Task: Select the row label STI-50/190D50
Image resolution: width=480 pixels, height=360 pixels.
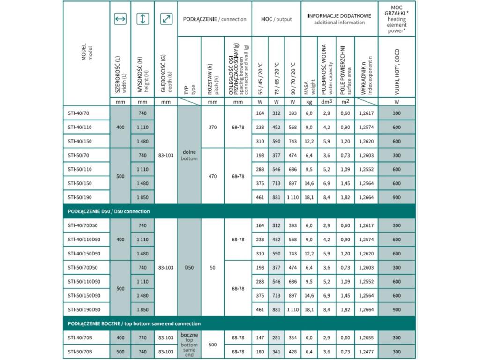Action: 84,310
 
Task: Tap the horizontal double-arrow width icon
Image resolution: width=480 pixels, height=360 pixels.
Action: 120,19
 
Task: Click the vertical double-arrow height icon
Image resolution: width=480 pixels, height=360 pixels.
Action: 143,19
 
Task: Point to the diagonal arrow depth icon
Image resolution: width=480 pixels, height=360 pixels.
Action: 166,19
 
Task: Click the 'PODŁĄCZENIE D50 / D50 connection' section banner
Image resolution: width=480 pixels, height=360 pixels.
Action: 109,211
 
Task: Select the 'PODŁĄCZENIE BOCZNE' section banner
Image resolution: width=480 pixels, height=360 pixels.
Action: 134,324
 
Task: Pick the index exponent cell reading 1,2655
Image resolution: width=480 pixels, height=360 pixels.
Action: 366,338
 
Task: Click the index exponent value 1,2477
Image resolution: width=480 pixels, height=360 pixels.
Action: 366,352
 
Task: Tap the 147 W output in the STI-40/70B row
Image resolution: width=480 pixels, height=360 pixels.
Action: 260,338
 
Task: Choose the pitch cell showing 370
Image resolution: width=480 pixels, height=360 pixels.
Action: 212,127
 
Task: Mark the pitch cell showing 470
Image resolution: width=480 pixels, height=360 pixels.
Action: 212,176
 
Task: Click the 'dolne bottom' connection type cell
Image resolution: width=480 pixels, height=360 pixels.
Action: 189,155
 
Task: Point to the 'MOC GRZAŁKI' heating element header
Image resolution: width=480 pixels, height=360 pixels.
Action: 397,19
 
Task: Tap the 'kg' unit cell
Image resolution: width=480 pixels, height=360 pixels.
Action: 309,101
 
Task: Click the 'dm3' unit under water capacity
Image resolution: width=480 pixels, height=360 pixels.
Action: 326,101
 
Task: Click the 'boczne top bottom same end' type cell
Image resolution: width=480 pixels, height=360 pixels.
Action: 189,345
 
